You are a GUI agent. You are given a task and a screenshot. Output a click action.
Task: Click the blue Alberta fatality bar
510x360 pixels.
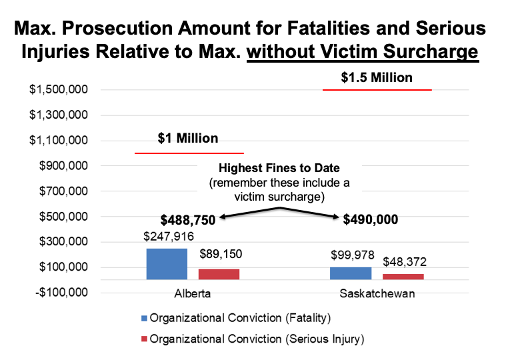[x=167, y=264]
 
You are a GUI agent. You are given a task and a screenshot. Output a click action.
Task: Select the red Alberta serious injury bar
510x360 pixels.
[x=219, y=274]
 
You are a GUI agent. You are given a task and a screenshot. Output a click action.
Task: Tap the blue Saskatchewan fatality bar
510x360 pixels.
[x=351, y=273]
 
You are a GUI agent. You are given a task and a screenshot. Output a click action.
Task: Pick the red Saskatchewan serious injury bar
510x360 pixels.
[x=403, y=277]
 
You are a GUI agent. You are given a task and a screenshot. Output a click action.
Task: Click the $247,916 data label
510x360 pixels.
[x=167, y=236]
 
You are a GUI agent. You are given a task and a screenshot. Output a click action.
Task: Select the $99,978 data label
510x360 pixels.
[x=352, y=255]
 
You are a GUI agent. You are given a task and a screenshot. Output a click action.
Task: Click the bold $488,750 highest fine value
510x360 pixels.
[x=187, y=220]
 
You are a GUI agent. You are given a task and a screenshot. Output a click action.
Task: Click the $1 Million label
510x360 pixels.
[x=188, y=139]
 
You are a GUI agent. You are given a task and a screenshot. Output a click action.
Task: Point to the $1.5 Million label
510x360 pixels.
[x=377, y=78]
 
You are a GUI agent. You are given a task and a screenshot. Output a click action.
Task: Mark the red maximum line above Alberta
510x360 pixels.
[x=189, y=153]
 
